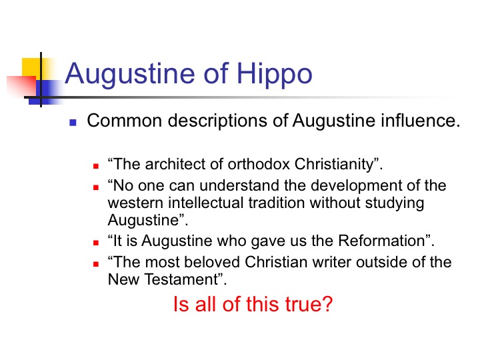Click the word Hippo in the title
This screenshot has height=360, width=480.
[x=274, y=74]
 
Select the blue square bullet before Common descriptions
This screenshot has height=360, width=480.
[x=73, y=123]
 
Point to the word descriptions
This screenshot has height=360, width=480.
[x=217, y=121]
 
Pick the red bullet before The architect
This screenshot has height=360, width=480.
[x=96, y=166]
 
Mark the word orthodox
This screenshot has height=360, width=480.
[x=259, y=164]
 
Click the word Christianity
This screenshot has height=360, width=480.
[x=334, y=165]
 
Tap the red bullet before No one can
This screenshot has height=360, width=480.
[x=96, y=187]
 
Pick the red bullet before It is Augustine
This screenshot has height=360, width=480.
[x=96, y=243]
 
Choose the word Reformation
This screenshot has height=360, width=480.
[x=381, y=241]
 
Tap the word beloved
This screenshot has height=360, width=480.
[x=212, y=262]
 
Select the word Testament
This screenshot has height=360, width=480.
[x=181, y=279]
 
